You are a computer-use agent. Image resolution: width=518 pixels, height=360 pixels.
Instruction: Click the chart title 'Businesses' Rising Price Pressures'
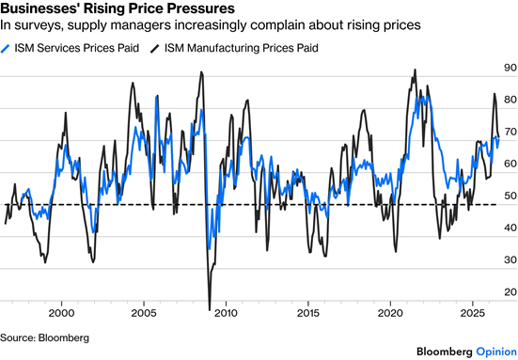point(118,8)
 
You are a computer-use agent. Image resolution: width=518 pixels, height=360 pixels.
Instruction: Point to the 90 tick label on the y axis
point(510,68)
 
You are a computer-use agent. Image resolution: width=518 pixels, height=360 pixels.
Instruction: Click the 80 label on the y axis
point(510,100)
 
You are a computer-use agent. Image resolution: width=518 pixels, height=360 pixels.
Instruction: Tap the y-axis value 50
point(510,196)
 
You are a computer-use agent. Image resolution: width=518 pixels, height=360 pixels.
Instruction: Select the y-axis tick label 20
point(510,291)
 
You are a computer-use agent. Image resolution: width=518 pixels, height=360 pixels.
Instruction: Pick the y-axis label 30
point(510,259)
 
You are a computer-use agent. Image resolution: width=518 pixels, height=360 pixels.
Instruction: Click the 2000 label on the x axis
point(61,313)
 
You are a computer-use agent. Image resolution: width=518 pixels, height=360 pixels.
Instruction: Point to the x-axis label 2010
point(226,313)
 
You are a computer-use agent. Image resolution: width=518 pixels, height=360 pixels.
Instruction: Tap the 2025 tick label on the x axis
point(473,313)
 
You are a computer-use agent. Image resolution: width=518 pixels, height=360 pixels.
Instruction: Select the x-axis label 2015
point(308,313)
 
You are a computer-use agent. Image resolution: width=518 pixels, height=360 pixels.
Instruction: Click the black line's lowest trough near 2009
point(210,310)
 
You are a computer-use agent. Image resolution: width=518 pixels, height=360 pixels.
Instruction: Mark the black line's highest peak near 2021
point(415,70)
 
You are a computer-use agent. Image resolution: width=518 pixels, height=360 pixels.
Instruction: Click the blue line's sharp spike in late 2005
point(156,97)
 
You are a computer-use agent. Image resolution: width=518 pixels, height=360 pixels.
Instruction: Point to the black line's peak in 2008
point(201,72)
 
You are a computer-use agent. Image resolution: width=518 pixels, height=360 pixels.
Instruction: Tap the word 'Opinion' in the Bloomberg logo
point(496,352)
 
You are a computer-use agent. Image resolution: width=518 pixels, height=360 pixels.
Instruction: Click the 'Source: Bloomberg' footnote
point(44,337)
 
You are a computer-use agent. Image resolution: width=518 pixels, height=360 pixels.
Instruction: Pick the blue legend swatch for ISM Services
point(6,49)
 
